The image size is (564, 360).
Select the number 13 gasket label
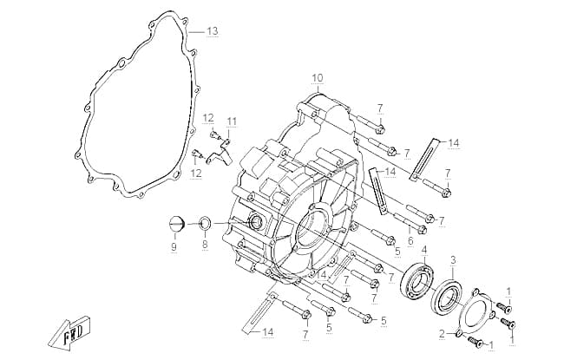pyautogui.click(x=213, y=31)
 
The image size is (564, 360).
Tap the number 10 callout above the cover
pyautogui.click(x=318, y=78)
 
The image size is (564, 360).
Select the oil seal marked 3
pyautogui.click(x=446, y=296)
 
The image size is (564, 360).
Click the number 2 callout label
pyautogui.click(x=442, y=333)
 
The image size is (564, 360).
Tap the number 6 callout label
pyautogui.click(x=410, y=241)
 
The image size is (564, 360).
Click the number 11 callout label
pyautogui.click(x=232, y=121)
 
